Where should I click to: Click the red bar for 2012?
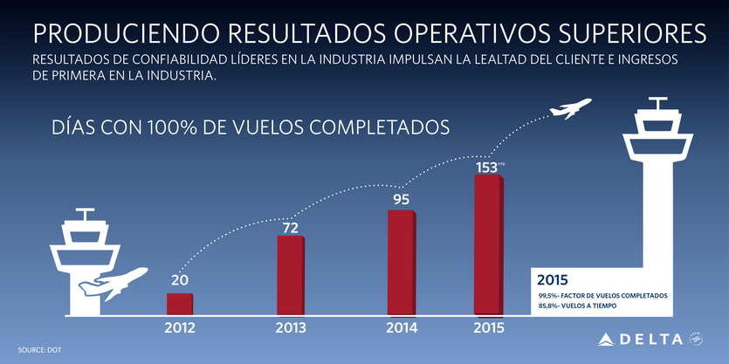tap(180, 303)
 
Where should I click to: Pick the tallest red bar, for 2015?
tap(489, 243)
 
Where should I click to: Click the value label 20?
tap(180, 280)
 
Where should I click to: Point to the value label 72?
tap(290, 228)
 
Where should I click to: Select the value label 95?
tap(402, 200)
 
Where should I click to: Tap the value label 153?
tap(486, 167)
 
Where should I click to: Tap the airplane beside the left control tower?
tap(112, 283)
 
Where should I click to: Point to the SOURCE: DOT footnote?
tap(39, 350)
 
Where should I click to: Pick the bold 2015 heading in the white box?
tap(553, 280)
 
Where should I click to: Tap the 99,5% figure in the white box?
tap(551, 296)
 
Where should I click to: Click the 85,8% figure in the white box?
tap(551, 307)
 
